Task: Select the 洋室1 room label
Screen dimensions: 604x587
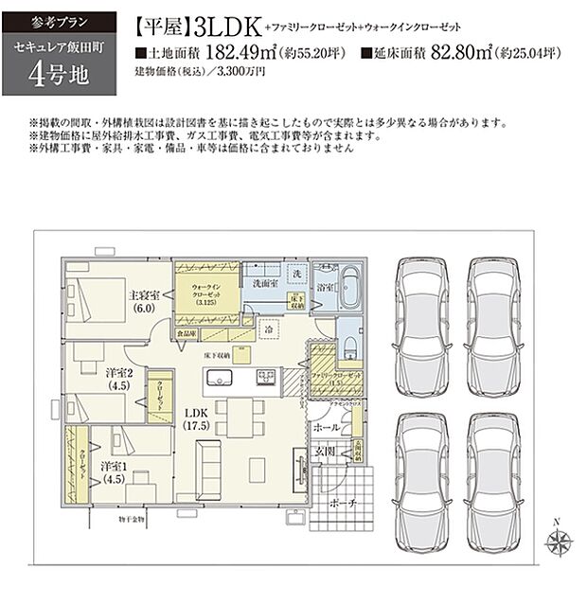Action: (116, 471)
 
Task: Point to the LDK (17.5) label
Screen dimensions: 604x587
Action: (196, 418)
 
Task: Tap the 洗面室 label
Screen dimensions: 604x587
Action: (264, 283)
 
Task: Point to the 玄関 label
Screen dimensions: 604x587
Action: (327, 451)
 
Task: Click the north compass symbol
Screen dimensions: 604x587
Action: (556, 540)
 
